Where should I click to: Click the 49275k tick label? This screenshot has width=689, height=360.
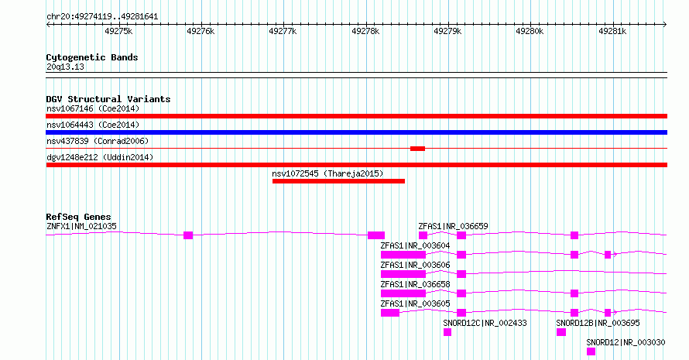(x=118, y=31)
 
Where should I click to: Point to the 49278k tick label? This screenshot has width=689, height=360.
(x=365, y=31)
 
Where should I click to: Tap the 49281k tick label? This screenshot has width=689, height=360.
(x=612, y=31)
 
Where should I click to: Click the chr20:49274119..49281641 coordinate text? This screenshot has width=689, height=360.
(x=102, y=17)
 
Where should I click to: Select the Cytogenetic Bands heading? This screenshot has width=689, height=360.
(x=92, y=57)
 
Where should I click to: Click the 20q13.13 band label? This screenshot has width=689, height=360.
(x=65, y=67)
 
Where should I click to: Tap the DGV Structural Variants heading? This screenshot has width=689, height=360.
(x=108, y=99)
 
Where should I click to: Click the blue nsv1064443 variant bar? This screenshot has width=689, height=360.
(x=356, y=132)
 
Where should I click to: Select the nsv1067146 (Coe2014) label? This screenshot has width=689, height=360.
(x=93, y=108)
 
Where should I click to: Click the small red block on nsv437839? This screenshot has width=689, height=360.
(x=417, y=149)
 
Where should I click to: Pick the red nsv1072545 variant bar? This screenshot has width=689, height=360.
(x=338, y=181)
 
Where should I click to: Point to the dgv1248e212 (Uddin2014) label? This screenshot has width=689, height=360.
(x=100, y=157)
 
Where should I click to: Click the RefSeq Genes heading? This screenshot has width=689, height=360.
(x=79, y=217)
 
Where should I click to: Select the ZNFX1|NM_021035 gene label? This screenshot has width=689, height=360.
(x=81, y=226)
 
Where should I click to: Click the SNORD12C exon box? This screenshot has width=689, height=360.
(x=447, y=332)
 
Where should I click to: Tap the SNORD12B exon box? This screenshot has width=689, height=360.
(x=561, y=332)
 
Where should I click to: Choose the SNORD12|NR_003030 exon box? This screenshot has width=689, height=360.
(x=591, y=351)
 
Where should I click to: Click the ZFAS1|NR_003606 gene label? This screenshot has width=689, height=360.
(x=415, y=265)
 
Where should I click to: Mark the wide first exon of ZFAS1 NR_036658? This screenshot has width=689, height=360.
(x=403, y=293)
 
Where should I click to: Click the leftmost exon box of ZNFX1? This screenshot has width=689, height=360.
(x=188, y=235)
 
